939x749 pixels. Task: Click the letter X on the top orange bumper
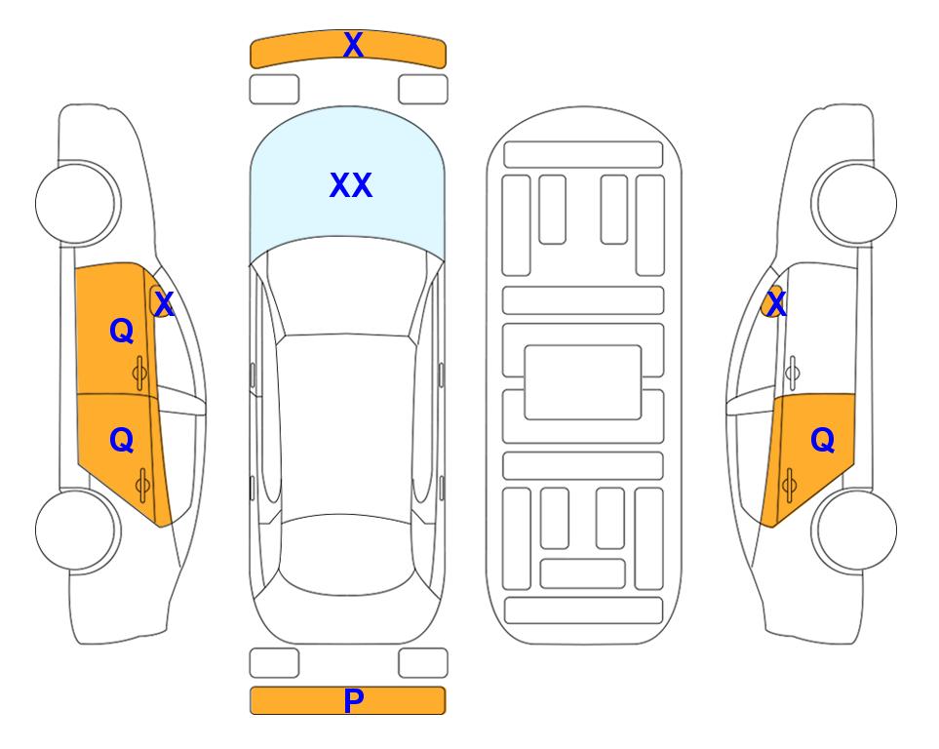[353, 45]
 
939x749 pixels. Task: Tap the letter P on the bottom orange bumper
[353, 700]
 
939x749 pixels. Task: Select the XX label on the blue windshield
[351, 185]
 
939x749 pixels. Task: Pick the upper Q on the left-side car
[122, 331]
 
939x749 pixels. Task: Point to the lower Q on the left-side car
[122, 441]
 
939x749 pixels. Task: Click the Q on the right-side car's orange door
[822, 441]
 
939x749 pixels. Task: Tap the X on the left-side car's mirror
[164, 304]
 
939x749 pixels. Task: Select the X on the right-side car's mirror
[776, 304]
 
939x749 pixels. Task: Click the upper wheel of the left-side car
[78, 203]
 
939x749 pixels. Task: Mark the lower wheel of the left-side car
[78, 530]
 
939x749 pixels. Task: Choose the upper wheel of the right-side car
[854, 203]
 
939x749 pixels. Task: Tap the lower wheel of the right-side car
[854, 530]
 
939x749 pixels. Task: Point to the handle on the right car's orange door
[789, 485]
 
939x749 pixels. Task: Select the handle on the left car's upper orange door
[139, 374]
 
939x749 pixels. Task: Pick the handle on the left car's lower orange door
[142, 485]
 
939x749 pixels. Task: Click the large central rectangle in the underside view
[583, 382]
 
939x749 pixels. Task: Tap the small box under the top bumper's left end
[274, 90]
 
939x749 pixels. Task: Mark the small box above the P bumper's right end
[423, 663]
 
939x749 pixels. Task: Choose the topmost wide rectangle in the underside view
[583, 155]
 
